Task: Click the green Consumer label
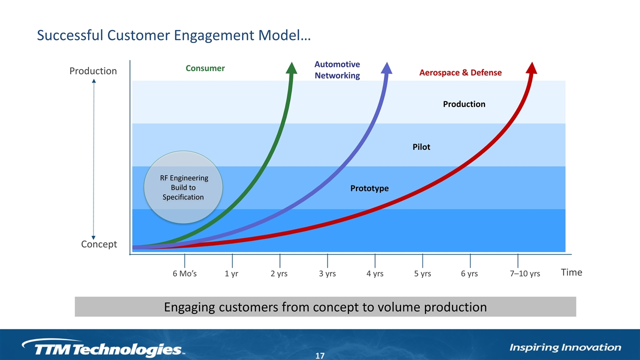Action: [205, 68]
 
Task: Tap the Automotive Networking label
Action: [337, 69]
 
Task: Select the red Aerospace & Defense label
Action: [460, 72]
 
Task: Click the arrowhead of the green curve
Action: [291, 68]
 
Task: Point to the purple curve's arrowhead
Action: [386, 68]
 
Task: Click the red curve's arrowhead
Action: [531, 68]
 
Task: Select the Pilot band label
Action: [421, 147]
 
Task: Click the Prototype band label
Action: [369, 188]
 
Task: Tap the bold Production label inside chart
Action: [464, 104]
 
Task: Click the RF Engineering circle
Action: [183, 187]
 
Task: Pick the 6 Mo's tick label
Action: [184, 273]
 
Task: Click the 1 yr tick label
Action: [231, 273]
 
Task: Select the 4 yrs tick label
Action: [375, 273]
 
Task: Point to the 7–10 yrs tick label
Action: [525, 273]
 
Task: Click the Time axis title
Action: [571, 272]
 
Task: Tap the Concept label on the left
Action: [99, 244]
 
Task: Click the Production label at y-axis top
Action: [93, 71]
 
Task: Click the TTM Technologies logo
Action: [103, 347]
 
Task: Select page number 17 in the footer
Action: [319, 355]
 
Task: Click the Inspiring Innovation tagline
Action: [565, 347]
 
